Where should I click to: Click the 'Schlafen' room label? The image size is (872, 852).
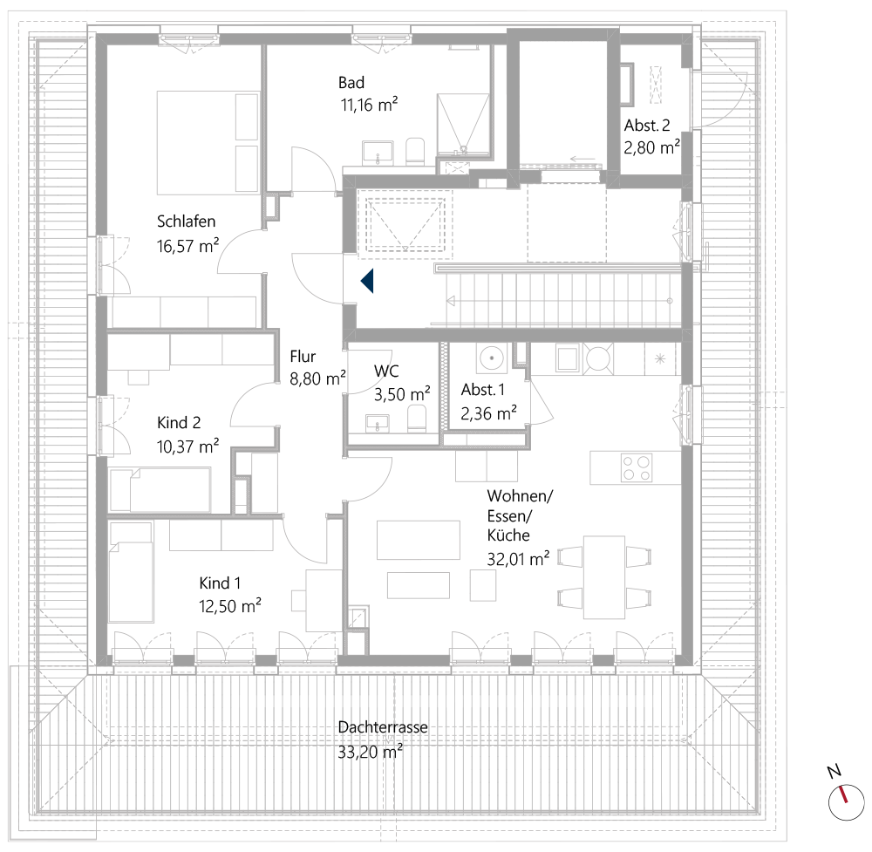186,221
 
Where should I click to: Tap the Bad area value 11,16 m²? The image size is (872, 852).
369,106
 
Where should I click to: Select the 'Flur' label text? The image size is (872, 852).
303,356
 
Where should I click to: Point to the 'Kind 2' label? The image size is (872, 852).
179,423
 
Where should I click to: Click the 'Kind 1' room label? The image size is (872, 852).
220,583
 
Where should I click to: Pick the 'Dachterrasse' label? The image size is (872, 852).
383,727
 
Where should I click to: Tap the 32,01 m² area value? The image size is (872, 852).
518,558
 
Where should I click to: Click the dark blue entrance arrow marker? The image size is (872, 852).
367,281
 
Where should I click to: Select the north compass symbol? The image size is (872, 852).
842,797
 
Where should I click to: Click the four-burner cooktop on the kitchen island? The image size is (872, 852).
637,467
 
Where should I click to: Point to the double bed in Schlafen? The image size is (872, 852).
208,143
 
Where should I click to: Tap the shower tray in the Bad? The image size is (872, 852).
464,122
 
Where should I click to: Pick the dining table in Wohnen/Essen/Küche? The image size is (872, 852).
604,576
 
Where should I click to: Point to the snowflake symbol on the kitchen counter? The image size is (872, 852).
660,358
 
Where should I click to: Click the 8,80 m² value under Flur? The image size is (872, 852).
317,378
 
